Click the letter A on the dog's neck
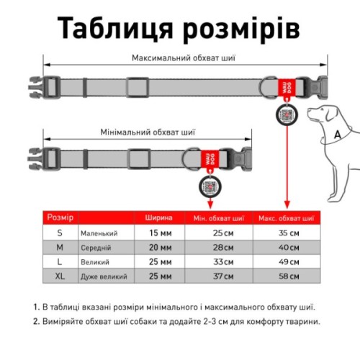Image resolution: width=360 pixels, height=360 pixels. [336, 135]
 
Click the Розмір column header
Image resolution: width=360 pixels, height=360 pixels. [60, 217]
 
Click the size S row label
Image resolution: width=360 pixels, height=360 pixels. [60, 233]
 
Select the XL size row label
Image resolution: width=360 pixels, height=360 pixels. [60, 276]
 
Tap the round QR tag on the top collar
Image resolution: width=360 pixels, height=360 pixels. [286, 115]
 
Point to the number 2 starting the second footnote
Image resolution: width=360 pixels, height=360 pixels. [36, 323]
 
